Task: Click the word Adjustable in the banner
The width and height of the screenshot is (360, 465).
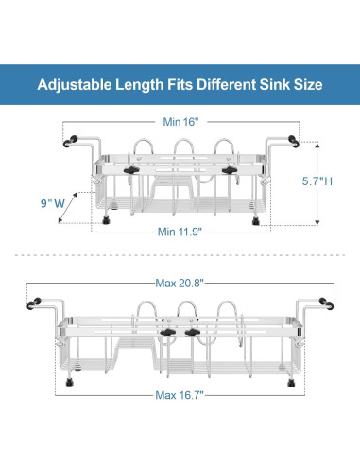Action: (x=75, y=85)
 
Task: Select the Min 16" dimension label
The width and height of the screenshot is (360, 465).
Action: (x=180, y=122)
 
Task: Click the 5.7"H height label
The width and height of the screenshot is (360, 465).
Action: (x=317, y=181)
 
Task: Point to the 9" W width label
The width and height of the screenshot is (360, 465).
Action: (x=53, y=203)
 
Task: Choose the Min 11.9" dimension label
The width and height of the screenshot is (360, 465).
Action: (x=180, y=232)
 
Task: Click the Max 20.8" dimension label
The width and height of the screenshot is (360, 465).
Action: (x=180, y=284)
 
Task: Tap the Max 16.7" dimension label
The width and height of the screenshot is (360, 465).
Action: (x=180, y=395)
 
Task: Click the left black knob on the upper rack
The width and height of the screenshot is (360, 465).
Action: (x=131, y=170)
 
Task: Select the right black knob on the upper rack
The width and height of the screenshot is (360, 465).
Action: (x=230, y=170)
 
